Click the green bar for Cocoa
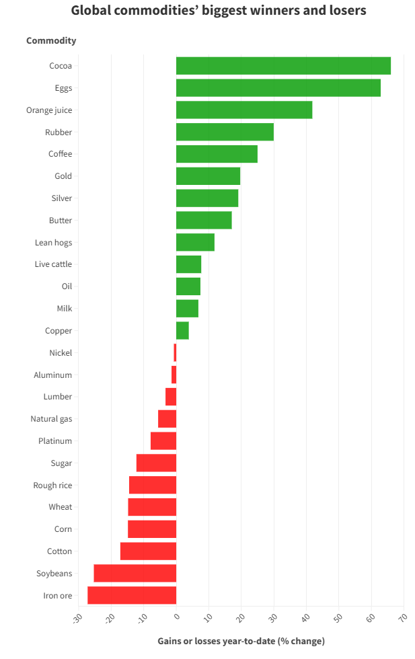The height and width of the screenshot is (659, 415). [x=283, y=66]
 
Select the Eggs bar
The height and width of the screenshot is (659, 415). [x=278, y=88]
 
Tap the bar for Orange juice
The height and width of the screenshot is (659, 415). [x=244, y=110]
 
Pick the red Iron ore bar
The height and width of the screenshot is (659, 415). [x=132, y=595]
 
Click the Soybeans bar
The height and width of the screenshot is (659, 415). [x=135, y=573]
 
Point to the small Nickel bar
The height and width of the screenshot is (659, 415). [x=175, y=352]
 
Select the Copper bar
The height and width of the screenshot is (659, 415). [x=182, y=331]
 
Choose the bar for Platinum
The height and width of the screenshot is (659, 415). [x=163, y=441]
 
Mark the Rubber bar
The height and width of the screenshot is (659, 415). [x=225, y=132]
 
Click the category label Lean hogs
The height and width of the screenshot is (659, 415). [x=53, y=242]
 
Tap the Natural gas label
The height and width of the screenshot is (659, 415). [x=51, y=419]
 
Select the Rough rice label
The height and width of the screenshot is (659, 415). [x=52, y=485]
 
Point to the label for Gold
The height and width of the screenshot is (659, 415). [x=63, y=176]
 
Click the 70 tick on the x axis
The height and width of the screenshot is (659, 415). [x=402, y=617]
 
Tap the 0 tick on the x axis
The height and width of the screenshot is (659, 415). [x=176, y=616]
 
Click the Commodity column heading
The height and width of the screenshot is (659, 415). [x=51, y=40]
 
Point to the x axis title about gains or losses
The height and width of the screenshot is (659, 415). [x=241, y=641]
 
